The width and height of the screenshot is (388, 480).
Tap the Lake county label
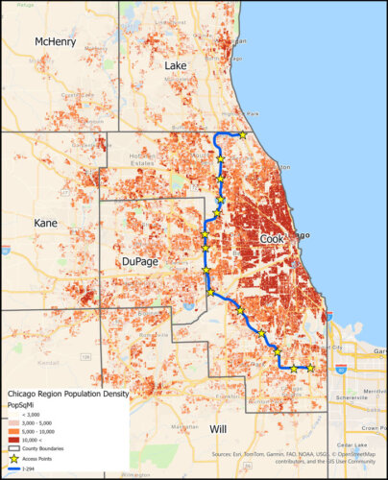click(x=176, y=64)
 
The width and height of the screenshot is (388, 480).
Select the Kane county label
click(x=45, y=223)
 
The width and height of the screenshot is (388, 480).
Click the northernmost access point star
click(x=243, y=135)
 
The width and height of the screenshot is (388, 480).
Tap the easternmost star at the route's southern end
click(x=310, y=368)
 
